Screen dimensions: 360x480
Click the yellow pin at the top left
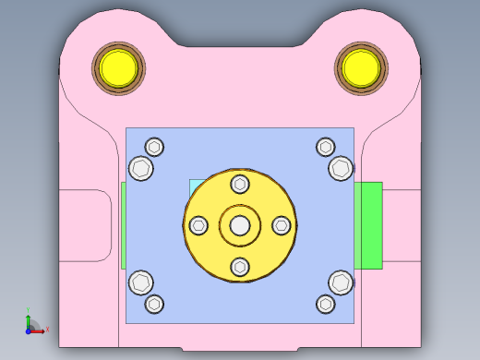118,66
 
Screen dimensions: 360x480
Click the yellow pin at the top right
360,66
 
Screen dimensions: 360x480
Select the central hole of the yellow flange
240,224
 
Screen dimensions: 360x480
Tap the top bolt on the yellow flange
240,183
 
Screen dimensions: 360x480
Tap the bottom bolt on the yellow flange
240,267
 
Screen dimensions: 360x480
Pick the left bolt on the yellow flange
198,224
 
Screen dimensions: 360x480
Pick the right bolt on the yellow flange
282,224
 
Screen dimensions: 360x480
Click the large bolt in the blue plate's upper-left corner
141,168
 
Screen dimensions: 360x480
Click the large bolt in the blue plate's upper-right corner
340,168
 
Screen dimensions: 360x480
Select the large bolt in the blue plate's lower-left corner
141,282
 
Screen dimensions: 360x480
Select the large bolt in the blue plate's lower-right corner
340,282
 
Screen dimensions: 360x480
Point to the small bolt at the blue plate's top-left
154,147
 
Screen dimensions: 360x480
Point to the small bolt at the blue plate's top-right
325,147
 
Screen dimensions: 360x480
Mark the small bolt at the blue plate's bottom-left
154,304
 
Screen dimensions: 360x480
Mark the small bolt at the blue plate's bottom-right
325,304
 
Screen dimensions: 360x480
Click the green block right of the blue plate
368,225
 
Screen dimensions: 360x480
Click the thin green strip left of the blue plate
123,225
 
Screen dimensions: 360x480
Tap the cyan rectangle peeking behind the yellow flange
194,186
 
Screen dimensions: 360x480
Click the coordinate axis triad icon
32,323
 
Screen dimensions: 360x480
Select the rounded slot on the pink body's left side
85,225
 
